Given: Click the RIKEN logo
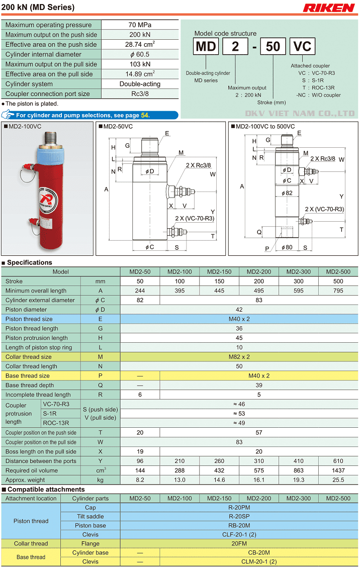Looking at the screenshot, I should coord(329,8).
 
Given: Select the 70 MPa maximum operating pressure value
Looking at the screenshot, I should coord(140,25).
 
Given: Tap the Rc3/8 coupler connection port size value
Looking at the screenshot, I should coord(140,93).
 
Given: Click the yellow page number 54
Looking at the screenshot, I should coord(145,115).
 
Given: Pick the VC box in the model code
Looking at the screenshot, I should coord(302,47).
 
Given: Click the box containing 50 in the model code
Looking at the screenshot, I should coord(273,47).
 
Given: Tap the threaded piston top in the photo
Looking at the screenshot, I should coord(51,135).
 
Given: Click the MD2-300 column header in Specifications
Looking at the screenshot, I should coord(299,272).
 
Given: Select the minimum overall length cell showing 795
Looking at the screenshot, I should coord(338,291).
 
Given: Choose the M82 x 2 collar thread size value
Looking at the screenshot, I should coord(239,357).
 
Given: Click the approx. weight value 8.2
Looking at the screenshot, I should coord(140,480).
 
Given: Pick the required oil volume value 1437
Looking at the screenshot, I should coord(338,470).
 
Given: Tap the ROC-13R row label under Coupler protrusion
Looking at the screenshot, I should coord(56,423).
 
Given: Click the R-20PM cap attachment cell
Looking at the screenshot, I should coord(239,508).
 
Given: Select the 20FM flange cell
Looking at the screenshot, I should coord(239,543).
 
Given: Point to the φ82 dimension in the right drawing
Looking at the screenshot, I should coord(287,193).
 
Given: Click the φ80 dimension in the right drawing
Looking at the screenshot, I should coord(286,247).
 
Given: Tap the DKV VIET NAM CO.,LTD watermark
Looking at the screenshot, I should coord(300,114).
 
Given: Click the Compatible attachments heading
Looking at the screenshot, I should coord(46,490).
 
